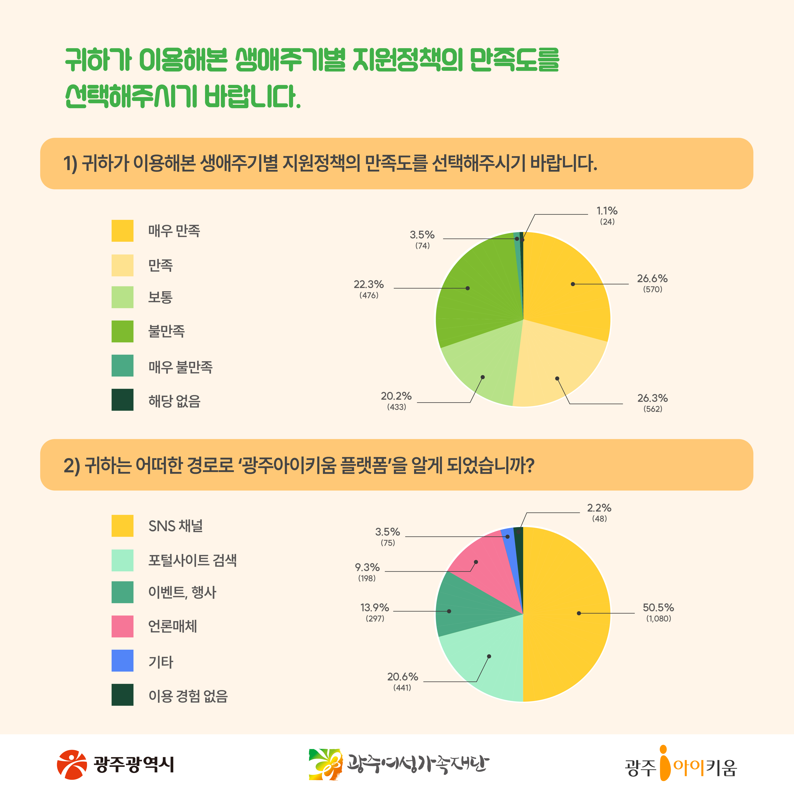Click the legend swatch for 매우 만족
point(122,231)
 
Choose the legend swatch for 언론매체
point(122,626)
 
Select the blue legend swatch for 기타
point(122,660)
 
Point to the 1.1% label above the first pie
point(607,211)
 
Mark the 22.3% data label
point(369,284)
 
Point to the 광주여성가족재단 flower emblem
point(326,764)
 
